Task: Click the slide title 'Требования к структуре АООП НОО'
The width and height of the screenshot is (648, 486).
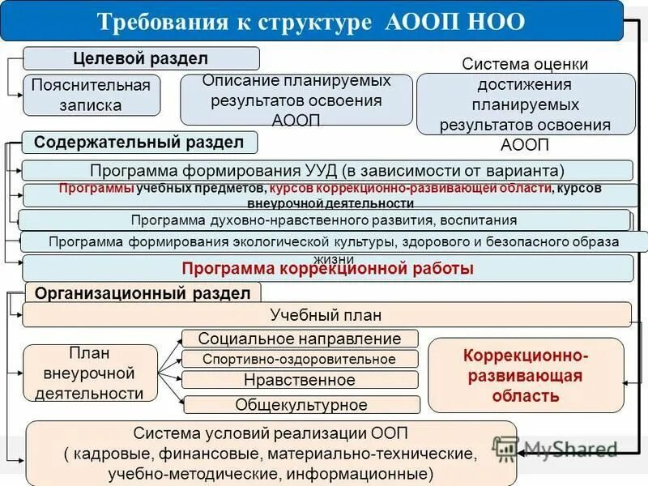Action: [x=311, y=21]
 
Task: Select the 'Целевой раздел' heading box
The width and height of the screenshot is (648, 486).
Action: [x=141, y=58]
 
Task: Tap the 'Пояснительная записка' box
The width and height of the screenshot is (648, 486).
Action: [x=92, y=95]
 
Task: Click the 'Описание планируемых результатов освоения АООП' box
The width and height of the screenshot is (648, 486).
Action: [x=296, y=100]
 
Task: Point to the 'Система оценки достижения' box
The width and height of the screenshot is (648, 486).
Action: [x=525, y=104]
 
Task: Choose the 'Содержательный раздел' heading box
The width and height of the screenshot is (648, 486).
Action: [x=139, y=143]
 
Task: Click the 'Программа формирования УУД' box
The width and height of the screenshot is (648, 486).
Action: [x=326, y=171]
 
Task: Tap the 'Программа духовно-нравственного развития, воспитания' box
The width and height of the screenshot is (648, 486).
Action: [x=323, y=220]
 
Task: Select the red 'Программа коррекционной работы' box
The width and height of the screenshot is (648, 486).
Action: [x=326, y=269]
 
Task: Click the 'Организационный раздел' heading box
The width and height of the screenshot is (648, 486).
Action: [x=143, y=293]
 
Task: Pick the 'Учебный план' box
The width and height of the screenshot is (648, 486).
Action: [x=326, y=315]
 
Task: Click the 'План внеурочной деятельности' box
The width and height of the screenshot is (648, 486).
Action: [x=90, y=373]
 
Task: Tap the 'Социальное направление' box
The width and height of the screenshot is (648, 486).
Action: [x=300, y=339]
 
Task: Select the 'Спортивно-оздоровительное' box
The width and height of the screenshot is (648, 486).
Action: [x=300, y=359]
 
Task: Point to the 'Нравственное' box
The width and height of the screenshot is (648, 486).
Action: [x=300, y=380]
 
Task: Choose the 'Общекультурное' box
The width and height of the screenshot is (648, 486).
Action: [x=301, y=405]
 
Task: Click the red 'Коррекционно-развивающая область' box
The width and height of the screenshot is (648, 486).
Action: [x=526, y=375]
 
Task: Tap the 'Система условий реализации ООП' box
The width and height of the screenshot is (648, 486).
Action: [x=271, y=453]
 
